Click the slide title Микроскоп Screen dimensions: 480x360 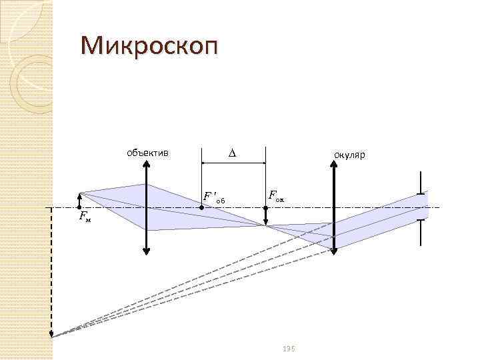point(149,47)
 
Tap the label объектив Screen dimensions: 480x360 point(147,153)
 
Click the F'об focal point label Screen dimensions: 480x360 point(215,197)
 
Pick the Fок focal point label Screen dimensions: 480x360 point(275,196)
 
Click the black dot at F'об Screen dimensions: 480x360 point(203,208)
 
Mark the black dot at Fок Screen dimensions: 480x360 point(265,208)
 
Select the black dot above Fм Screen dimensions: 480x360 point(79,208)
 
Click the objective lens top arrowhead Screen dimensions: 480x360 point(147,167)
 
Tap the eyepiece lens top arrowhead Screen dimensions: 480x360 point(335,167)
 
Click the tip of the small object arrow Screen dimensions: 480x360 point(79,194)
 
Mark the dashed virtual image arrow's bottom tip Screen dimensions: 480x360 point(51,337)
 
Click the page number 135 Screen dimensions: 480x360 point(288,349)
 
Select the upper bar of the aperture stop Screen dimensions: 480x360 point(421,194)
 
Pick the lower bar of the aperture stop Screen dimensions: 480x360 point(421,221)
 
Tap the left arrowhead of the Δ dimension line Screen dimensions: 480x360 point(205,163)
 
